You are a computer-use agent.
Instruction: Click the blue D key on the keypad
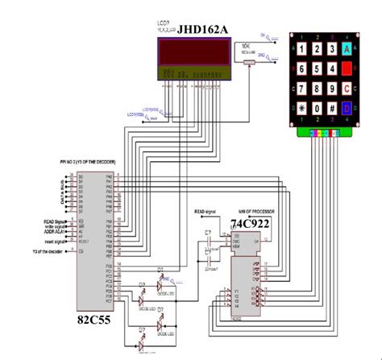point(347,107)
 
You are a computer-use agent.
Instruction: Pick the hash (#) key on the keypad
point(330,107)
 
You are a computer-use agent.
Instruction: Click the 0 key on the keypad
point(312,107)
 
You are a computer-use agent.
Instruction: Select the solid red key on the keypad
point(347,69)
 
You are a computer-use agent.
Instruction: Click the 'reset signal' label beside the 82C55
point(56,238)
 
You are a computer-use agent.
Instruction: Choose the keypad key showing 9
point(330,89)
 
